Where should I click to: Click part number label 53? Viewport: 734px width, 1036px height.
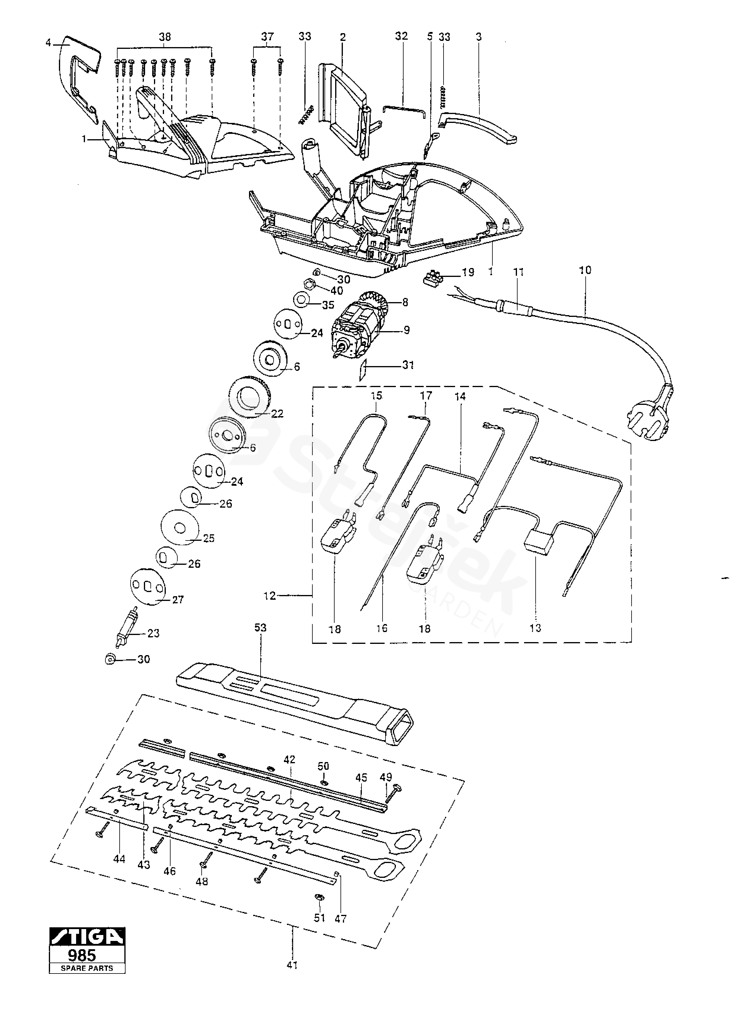pos(260,628)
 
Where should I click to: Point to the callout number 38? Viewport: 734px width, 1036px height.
pos(165,37)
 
